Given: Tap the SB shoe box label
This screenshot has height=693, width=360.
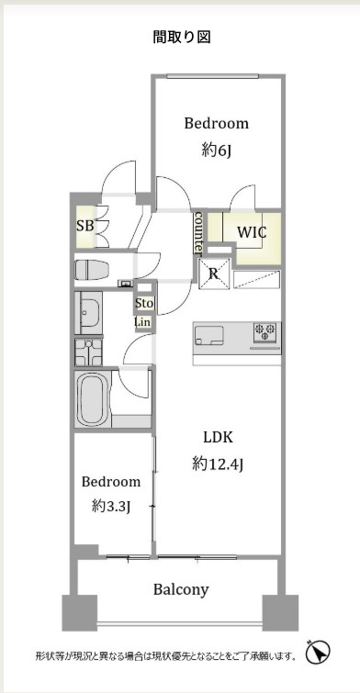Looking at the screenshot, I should (x=84, y=226).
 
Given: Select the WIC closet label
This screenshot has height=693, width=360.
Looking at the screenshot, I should (x=252, y=232).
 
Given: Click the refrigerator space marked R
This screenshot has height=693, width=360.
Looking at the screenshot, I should (x=212, y=272).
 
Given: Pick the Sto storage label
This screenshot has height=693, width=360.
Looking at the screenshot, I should (x=143, y=303).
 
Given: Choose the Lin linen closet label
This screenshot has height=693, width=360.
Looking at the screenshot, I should (x=143, y=321).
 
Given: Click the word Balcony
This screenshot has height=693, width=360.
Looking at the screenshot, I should (x=180, y=589).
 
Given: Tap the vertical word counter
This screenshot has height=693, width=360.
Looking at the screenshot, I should (x=197, y=233).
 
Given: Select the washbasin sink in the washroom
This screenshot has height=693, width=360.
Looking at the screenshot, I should (x=89, y=315).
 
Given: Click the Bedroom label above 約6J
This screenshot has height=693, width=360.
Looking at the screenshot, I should (x=216, y=123).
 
